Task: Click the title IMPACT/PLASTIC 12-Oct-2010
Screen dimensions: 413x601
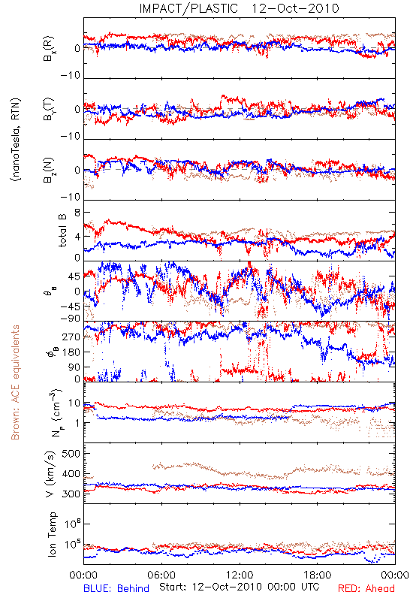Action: click(x=239, y=8)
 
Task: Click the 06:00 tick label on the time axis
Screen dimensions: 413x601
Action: click(x=161, y=575)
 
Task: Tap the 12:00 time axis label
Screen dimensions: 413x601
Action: click(x=240, y=575)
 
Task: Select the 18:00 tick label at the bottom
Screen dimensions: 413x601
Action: click(x=318, y=575)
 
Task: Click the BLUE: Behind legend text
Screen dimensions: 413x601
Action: click(x=116, y=588)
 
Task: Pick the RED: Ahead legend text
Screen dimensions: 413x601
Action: click(x=366, y=588)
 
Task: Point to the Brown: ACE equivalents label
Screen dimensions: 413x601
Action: click(x=15, y=382)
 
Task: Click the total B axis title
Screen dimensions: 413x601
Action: click(x=62, y=231)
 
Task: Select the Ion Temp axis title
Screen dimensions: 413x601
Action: click(x=52, y=534)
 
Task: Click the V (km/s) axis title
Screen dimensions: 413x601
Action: click(x=50, y=474)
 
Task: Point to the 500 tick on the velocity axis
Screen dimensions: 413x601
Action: click(x=71, y=454)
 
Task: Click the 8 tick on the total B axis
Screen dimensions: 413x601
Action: click(x=77, y=213)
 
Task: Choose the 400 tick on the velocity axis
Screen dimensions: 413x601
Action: click(x=71, y=474)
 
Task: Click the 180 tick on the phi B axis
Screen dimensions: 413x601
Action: click(x=71, y=352)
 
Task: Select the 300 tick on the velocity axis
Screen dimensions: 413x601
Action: click(x=71, y=494)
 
